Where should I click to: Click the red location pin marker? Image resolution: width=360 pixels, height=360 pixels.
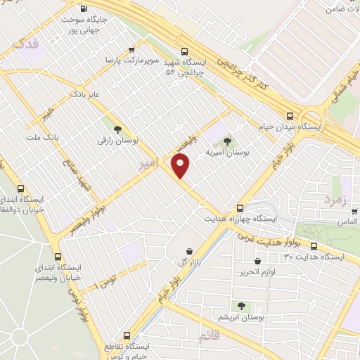181,166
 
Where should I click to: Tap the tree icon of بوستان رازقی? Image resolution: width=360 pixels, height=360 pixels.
117,129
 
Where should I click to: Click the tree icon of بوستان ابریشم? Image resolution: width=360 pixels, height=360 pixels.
241,306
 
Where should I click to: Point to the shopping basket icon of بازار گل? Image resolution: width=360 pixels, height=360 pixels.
189,251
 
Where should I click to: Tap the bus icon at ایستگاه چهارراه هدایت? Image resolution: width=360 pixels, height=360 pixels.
240,208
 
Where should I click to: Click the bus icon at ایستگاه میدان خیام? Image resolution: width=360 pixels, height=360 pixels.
290,117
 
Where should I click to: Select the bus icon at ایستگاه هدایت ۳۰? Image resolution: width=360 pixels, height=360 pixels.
314,246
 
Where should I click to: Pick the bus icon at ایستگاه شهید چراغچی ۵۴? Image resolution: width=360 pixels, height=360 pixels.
185,51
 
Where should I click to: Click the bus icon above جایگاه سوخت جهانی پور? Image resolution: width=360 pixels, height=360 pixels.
84,9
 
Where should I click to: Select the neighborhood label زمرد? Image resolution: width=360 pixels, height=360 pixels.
335,200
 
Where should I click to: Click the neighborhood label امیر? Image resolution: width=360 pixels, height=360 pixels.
147,164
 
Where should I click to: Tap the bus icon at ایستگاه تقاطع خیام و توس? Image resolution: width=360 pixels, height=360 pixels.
127,335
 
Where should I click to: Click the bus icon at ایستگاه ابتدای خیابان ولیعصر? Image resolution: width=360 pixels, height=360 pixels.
58,257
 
